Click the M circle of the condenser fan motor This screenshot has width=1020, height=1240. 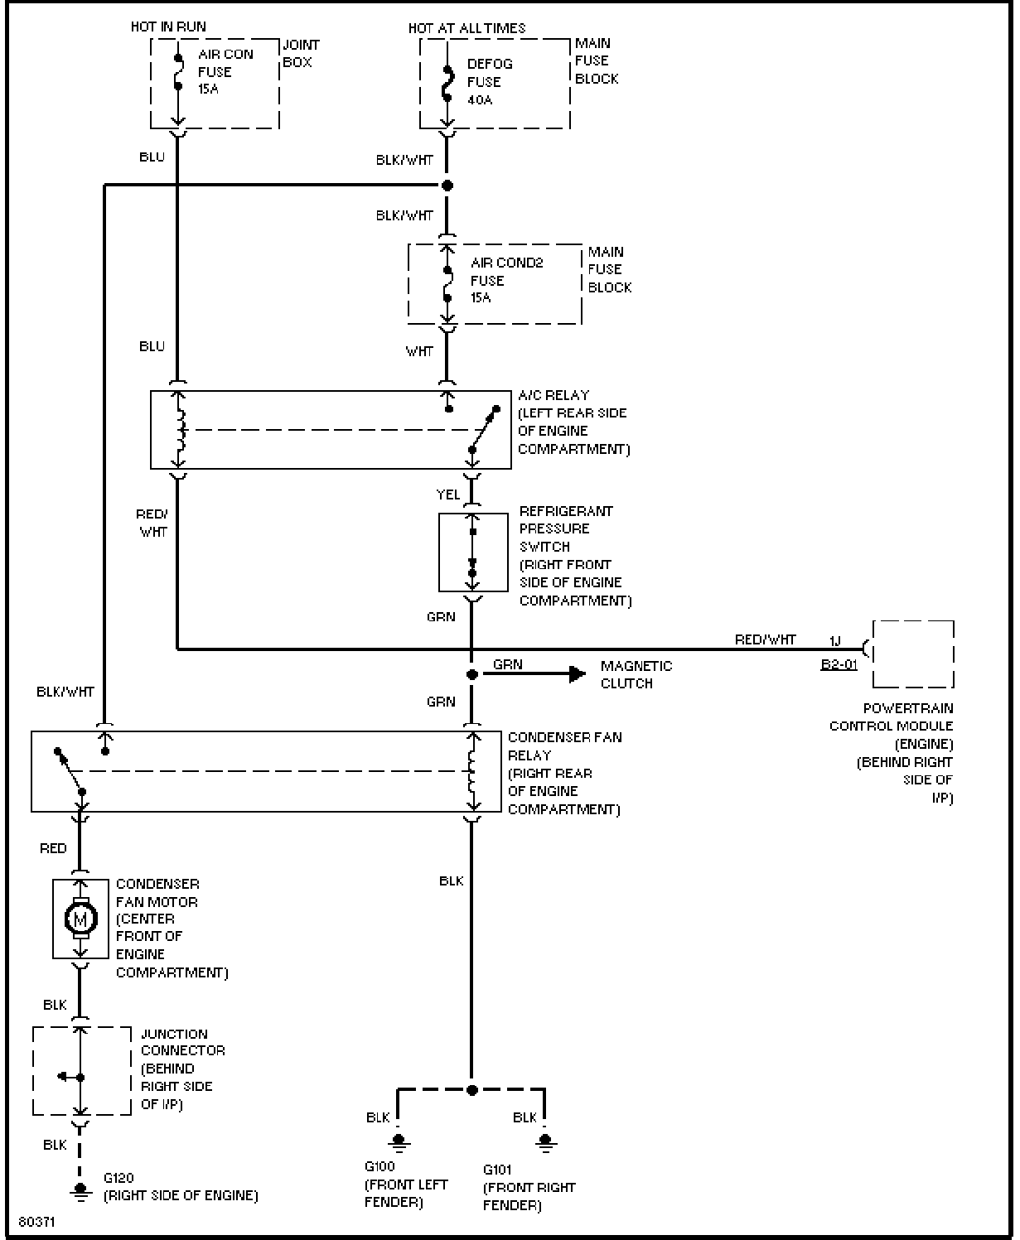tap(80, 919)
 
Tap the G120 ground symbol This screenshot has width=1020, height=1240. tap(80, 1193)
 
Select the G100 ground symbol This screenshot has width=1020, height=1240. tap(399, 1142)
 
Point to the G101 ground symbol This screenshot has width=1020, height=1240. tap(545, 1142)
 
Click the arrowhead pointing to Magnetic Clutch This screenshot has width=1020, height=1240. tap(578, 673)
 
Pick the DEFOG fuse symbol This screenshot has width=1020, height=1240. tap(447, 82)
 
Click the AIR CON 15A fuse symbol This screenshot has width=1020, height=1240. tap(178, 72)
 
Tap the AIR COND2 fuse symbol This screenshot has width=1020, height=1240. tap(447, 284)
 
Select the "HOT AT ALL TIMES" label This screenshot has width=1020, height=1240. tap(467, 28)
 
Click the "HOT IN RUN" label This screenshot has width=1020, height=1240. tap(168, 27)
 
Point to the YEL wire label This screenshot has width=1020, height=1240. tap(447, 495)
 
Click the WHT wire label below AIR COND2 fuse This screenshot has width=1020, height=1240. tap(419, 351)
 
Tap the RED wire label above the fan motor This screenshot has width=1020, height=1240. tap(53, 848)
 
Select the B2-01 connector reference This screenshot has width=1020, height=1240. tap(839, 665)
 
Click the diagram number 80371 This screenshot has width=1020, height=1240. tap(36, 1222)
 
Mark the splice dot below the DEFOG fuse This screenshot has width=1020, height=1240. tap(447, 186)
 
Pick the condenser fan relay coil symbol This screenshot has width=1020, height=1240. tap(472, 771)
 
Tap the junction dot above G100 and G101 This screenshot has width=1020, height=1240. tap(471, 1090)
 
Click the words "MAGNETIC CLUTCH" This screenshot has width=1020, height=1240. tap(636, 674)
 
